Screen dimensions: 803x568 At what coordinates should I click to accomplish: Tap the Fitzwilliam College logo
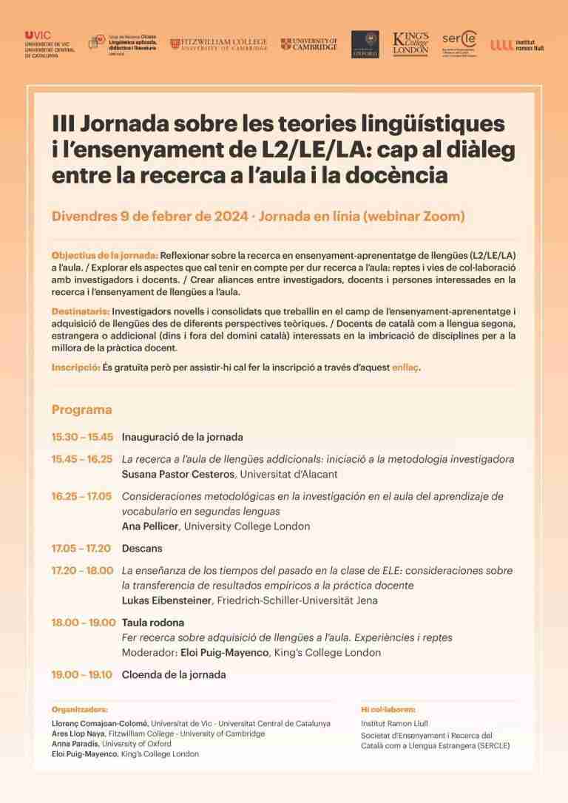click(218, 44)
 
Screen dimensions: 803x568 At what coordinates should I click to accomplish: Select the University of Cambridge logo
click(309, 44)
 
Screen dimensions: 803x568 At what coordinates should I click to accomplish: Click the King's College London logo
click(410, 44)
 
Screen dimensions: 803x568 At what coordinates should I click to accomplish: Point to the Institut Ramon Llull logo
click(517, 45)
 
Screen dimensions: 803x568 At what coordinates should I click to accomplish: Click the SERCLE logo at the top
click(459, 44)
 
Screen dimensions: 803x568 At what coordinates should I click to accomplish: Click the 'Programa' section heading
click(81, 410)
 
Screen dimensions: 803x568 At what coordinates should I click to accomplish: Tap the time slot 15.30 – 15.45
click(82, 437)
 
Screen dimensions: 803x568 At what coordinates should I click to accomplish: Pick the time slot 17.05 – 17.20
click(81, 549)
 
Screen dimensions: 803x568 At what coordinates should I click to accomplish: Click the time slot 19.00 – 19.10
click(82, 674)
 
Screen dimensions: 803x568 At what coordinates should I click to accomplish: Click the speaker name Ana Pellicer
click(151, 526)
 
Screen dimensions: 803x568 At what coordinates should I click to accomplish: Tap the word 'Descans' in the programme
click(142, 549)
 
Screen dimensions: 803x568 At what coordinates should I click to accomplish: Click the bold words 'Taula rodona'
click(153, 623)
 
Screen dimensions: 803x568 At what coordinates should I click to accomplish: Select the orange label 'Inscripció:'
click(75, 367)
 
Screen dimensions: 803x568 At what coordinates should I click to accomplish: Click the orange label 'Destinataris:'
click(81, 311)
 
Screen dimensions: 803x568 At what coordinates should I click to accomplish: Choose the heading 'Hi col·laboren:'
click(388, 708)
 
